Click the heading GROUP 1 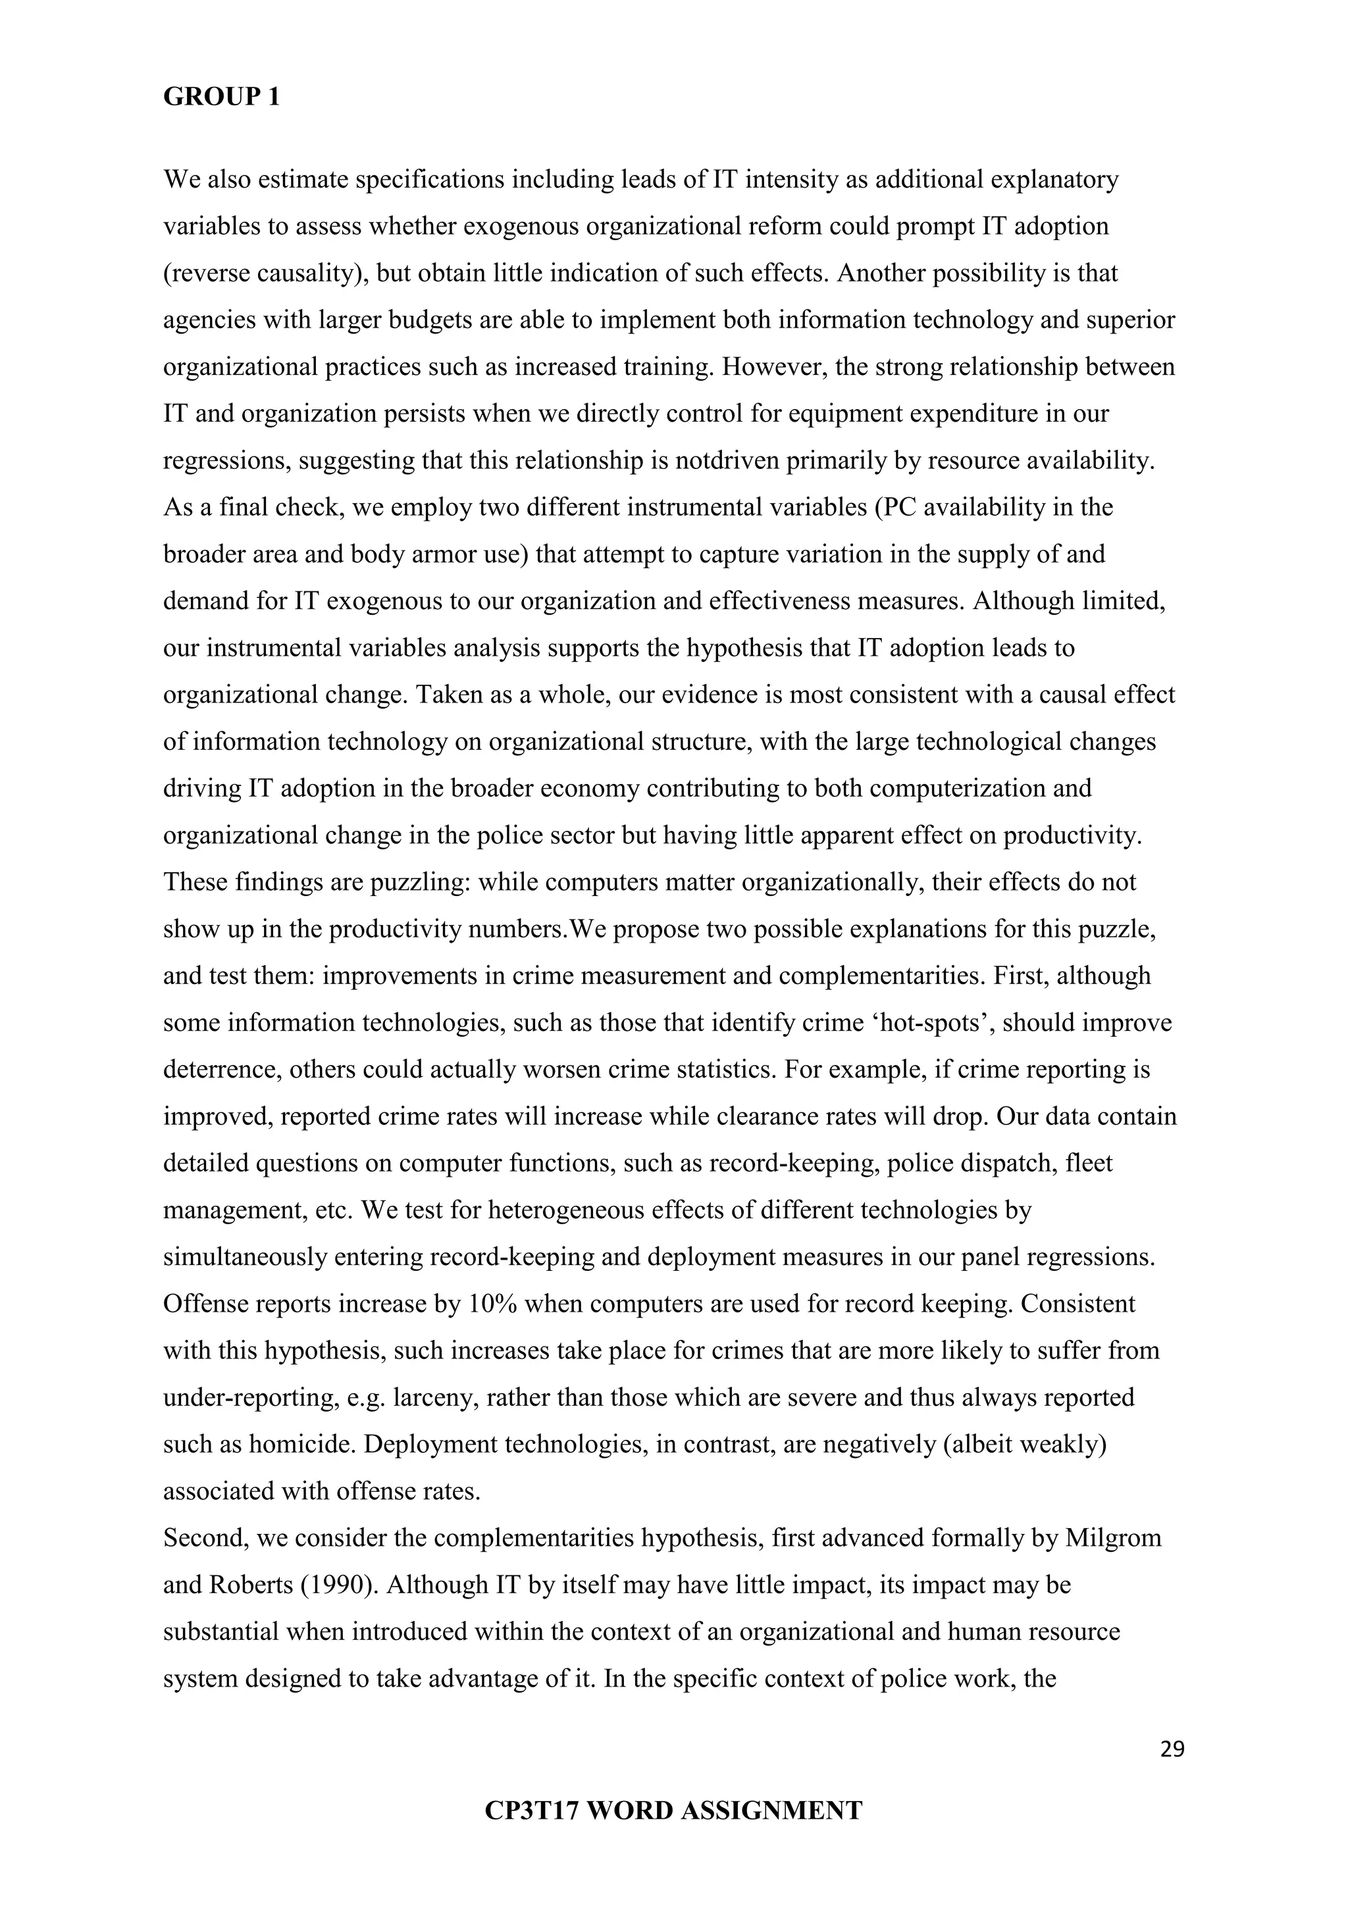tap(222, 97)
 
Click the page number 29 tap(1172, 1750)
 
